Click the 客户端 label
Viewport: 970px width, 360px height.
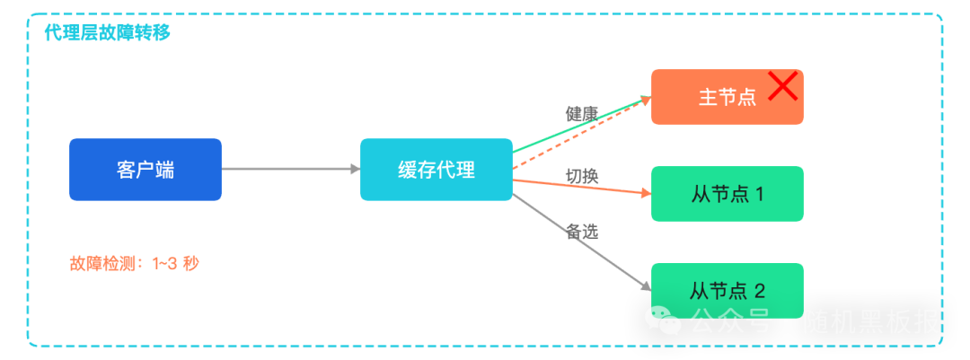(145, 170)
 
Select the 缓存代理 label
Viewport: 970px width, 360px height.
(436, 170)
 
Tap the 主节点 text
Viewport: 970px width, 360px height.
(727, 97)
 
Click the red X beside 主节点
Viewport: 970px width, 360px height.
(783, 87)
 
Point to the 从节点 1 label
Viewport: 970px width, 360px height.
(727, 194)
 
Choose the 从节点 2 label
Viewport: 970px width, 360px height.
(727, 291)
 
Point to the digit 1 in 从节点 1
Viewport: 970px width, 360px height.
(759, 194)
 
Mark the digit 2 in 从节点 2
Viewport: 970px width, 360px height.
(759, 291)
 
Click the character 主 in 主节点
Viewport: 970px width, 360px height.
(708, 97)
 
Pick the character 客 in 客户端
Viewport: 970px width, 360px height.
(126, 170)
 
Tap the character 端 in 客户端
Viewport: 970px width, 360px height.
(165, 170)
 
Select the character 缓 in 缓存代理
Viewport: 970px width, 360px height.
(408, 170)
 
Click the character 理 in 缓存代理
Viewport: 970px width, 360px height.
(466, 170)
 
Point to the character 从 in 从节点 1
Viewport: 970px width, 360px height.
(701, 194)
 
